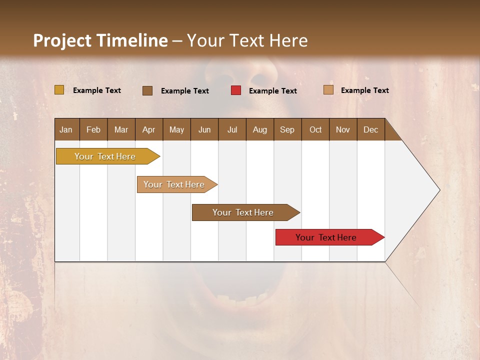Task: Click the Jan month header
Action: pyautogui.click(x=66, y=129)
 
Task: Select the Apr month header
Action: pyautogui.click(x=148, y=129)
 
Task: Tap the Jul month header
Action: pyautogui.click(x=232, y=129)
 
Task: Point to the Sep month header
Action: pyautogui.click(x=287, y=129)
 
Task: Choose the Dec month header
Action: pyautogui.click(x=370, y=129)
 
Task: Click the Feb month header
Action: pyautogui.click(x=93, y=129)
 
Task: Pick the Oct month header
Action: pyautogui.click(x=315, y=129)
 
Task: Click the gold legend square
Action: pyautogui.click(x=59, y=90)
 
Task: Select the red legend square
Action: pyautogui.click(x=236, y=90)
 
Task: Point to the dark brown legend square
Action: pyautogui.click(x=147, y=90)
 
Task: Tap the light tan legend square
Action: pyautogui.click(x=328, y=90)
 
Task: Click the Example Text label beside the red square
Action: pyautogui.click(x=272, y=91)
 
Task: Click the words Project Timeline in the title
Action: pyautogui.click(x=100, y=40)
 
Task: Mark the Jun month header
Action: pyautogui.click(x=204, y=129)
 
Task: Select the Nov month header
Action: pyautogui.click(x=342, y=129)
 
